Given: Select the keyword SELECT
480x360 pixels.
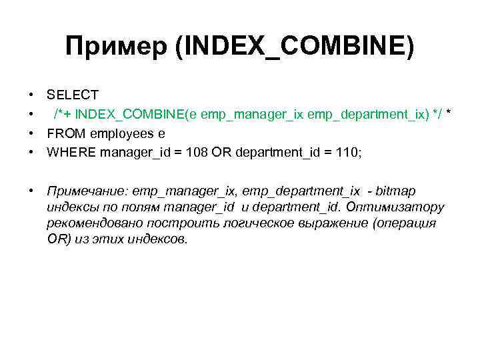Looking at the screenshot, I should [73, 96].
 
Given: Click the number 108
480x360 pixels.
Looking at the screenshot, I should [196, 152].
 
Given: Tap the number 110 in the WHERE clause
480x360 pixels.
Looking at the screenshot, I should [347, 152].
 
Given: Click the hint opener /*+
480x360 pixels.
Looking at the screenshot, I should [63, 115].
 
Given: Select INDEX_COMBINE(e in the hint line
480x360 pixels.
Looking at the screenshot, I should [136, 115].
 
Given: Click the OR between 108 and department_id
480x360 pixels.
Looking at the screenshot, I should [220, 152].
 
